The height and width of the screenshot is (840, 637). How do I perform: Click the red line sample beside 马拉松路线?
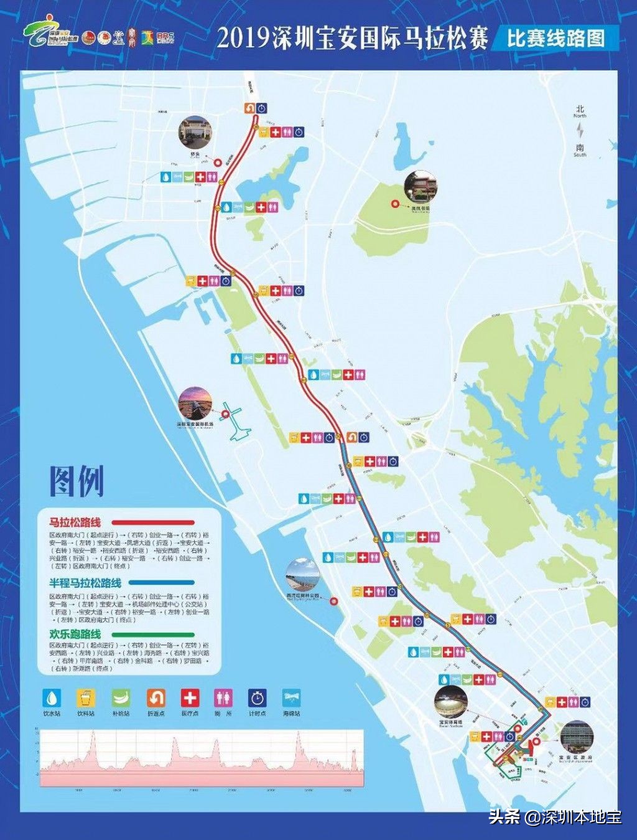point(158,523)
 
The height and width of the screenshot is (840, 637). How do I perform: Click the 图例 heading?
point(77,481)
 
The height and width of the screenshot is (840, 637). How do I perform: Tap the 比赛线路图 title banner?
point(556,39)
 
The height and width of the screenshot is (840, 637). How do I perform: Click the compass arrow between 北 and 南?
point(580,131)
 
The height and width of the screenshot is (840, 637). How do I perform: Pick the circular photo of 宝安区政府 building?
point(577,737)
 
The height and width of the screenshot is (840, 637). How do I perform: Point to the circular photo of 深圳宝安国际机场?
point(195,403)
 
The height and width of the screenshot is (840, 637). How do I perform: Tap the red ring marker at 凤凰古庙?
point(394,204)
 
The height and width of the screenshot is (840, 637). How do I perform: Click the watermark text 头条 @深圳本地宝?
point(555,816)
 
